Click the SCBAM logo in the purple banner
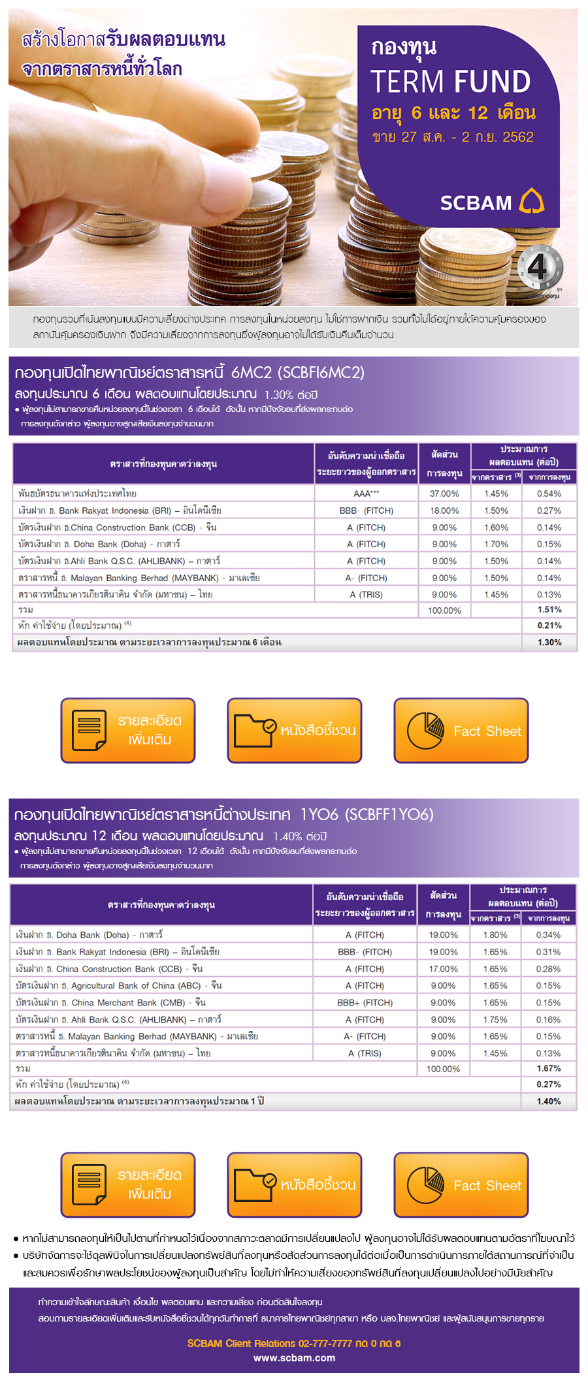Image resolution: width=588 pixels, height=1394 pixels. [x=492, y=202]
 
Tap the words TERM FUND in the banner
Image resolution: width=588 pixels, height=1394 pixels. [x=451, y=82]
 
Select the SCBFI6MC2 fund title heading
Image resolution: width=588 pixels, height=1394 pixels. [x=189, y=372]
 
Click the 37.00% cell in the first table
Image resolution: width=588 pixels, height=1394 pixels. [x=444, y=494]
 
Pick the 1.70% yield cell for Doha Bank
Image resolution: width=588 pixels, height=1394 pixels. [x=496, y=544]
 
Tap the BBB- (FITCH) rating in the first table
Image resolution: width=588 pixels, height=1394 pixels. [x=367, y=511]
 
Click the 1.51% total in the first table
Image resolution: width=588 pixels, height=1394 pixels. [x=549, y=609]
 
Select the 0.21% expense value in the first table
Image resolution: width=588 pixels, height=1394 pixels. [x=549, y=626]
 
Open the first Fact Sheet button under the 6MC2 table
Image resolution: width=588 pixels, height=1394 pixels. [x=461, y=731]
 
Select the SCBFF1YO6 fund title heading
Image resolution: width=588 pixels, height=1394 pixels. [x=223, y=814]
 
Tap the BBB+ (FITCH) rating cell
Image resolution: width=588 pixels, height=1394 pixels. [x=365, y=1002]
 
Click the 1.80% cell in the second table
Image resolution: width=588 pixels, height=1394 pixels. [x=495, y=935]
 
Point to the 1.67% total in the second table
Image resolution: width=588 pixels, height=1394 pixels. [x=549, y=1068]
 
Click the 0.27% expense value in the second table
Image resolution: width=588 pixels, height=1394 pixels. [x=549, y=1085]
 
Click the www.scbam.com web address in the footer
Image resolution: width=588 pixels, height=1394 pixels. [x=295, y=1358]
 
